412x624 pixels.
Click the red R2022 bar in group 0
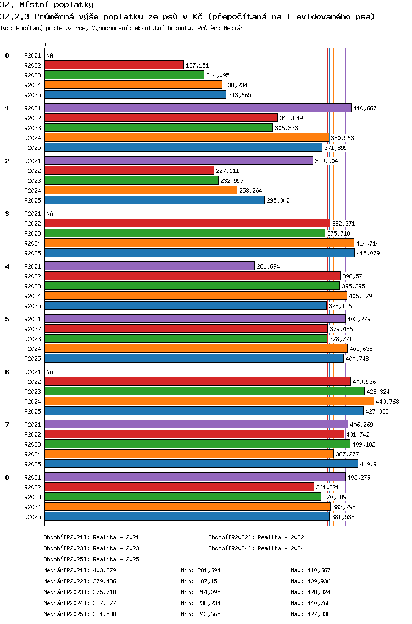(114, 65)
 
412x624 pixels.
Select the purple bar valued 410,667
(197, 108)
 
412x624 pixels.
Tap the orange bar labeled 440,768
(208, 401)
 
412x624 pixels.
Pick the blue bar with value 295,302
(154, 200)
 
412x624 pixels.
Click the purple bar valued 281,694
(149, 266)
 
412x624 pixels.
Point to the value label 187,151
(197, 65)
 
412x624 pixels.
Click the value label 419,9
(368, 464)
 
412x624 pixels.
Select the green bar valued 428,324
(204, 391)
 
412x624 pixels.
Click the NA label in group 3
(49, 214)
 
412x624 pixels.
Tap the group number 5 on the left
(7, 319)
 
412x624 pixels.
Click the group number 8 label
(7, 477)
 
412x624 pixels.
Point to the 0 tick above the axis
(44, 44)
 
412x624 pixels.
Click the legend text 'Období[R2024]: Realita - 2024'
(256, 548)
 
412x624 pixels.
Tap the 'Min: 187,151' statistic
(201, 581)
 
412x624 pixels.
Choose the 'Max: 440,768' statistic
(310, 603)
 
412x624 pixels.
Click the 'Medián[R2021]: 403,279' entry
(80, 570)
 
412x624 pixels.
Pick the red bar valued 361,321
(179, 487)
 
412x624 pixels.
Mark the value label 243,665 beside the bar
(240, 95)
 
